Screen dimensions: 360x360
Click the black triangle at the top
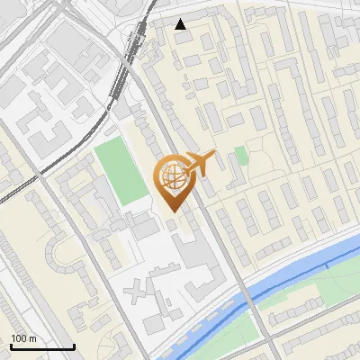[181, 24]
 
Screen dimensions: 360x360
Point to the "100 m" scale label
[24, 338]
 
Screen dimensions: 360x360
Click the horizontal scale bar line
[42, 346]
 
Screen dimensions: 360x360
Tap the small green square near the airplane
[240, 156]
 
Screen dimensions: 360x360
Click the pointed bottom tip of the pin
[172, 211]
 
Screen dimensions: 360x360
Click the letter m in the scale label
[33, 338]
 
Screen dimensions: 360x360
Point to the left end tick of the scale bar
[11, 345]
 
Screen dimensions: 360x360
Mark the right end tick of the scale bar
[74, 345]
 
